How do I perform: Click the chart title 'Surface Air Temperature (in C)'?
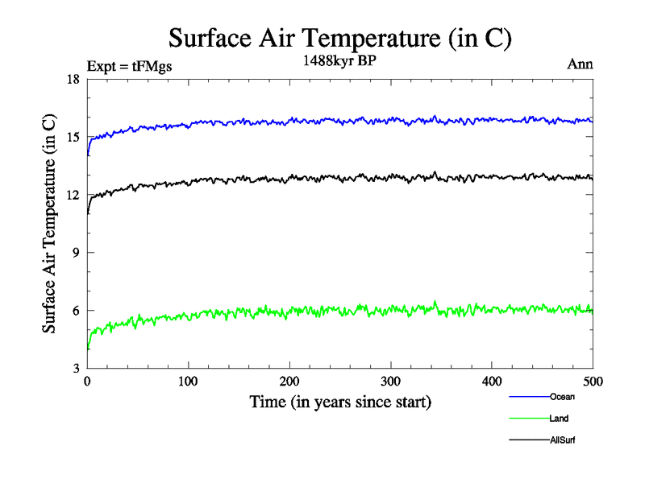pyautogui.click(x=339, y=37)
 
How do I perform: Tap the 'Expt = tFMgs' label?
pyautogui.click(x=129, y=67)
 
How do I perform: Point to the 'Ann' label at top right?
pyautogui.click(x=580, y=65)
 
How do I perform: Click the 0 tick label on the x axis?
pyautogui.click(x=87, y=382)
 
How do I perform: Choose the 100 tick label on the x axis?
pyautogui.click(x=188, y=382)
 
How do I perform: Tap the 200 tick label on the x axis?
pyautogui.click(x=289, y=382)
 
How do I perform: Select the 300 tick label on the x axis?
pyautogui.click(x=390, y=382)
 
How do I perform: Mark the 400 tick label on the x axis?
pyautogui.click(x=492, y=382)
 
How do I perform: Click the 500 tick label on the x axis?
pyautogui.click(x=593, y=382)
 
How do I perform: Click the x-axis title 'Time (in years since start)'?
pyautogui.click(x=340, y=402)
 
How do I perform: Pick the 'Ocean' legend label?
pyautogui.click(x=562, y=396)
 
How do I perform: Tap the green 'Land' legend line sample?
pyautogui.click(x=529, y=419)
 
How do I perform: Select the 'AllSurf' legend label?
pyautogui.click(x=564, y=440)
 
